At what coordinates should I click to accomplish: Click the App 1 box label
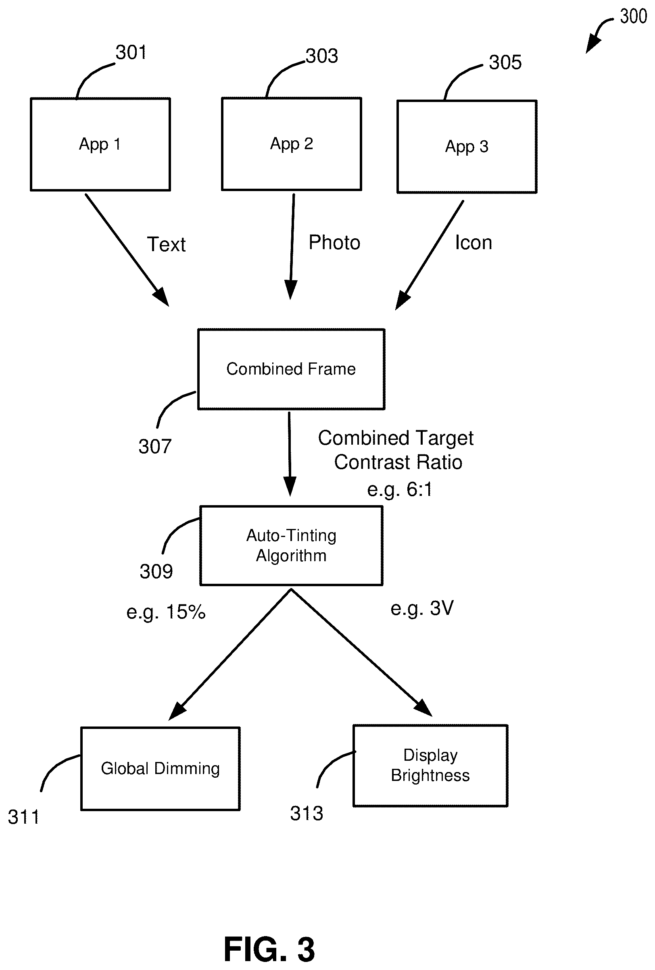(100, 144)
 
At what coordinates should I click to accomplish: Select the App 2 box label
(291, 144)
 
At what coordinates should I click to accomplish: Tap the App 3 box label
(467, 147)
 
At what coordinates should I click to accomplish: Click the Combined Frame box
(291, 369)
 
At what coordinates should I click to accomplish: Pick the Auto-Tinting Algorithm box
(291, 545)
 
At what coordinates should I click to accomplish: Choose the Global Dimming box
(160, 768)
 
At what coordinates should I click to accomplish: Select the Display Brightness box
(430, 766)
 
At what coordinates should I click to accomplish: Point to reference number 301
(131, 52)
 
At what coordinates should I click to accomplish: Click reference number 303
(321, 56)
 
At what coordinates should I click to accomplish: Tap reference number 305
(505, 62)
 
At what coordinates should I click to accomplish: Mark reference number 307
(155, 447)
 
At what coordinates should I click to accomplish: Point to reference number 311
(24, 817)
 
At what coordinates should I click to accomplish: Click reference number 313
(307, 814)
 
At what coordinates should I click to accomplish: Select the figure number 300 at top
(633, 17)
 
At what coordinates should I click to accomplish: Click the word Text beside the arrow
(166, 244)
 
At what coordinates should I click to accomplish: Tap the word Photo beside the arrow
(334, 243)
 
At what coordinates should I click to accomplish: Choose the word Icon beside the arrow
(474, 243)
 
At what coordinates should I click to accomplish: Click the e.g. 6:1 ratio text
(400, 489)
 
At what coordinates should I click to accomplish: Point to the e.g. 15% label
(166, 612)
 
